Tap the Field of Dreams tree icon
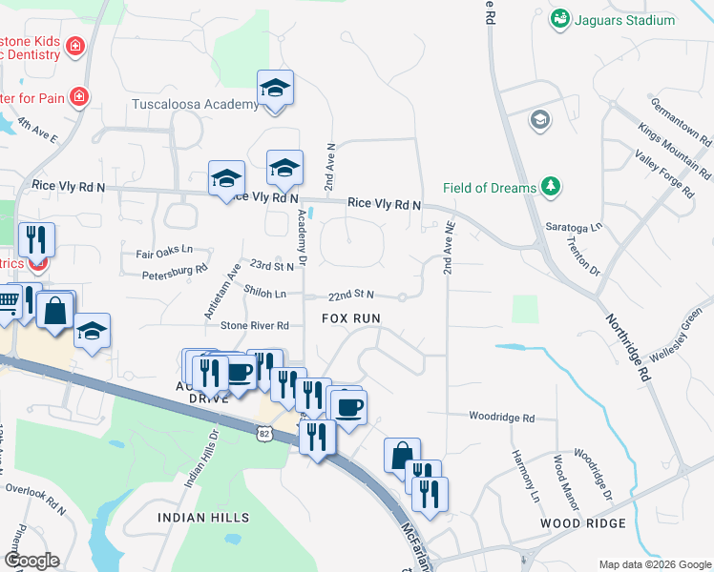pyautogui.click(x=551, y=187)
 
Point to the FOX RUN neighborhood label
pyautogui.click(x=351, y=317)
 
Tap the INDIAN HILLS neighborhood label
pyautogui.click(x=203, y=518)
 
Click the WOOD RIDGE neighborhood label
pyautogui.click(x=582, y=523)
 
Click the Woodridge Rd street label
pyautogui.click(x=501, y=417)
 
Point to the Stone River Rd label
pyautogui.click(x=255, y=325)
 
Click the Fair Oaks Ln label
pyautogui.click(x=164, y=253)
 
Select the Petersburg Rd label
pyautogui.click(x=176, y=271)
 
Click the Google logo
pyautogui.click(x=31, y=561)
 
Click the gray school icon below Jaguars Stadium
pyautogui.click(x=540, y=120)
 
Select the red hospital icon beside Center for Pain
pyautogui.click(x=79, y=95)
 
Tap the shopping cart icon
pyautogui.click(x=8, y=304)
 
